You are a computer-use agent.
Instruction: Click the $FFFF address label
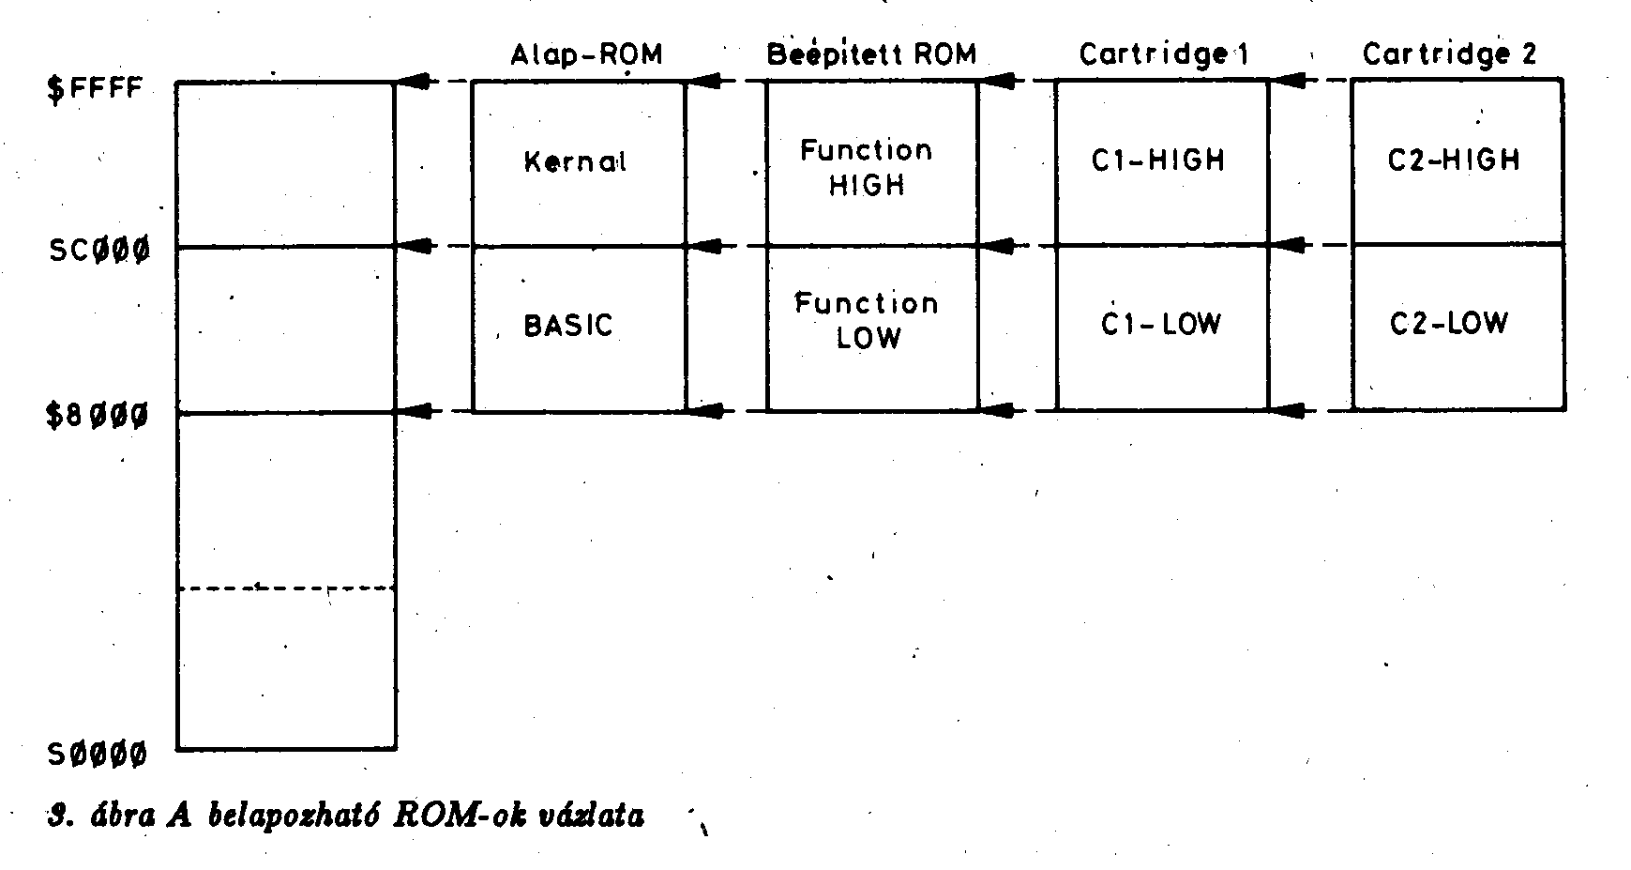click(96, 90)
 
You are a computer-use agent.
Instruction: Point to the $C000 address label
click(99, 252)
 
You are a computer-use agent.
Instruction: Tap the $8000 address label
click(98, 415)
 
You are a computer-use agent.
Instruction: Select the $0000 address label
click(98, 754)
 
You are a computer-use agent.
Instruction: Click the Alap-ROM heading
click(586, 54)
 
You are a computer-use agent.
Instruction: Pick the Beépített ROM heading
click(871, 54)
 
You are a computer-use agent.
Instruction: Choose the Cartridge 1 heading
click(1163, 54)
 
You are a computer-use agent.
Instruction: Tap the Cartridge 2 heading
click(1449, 54)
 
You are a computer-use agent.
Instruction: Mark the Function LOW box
click(871, 328)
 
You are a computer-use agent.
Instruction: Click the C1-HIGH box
click(1161, 163)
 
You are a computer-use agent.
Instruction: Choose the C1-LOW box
click(1161, 328)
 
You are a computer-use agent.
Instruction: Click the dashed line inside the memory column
click(286, 588)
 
